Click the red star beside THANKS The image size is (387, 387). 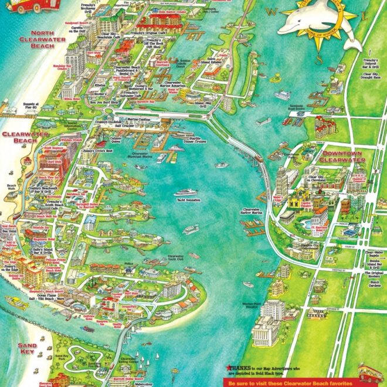pyautogui.click(x=223, y=368)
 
